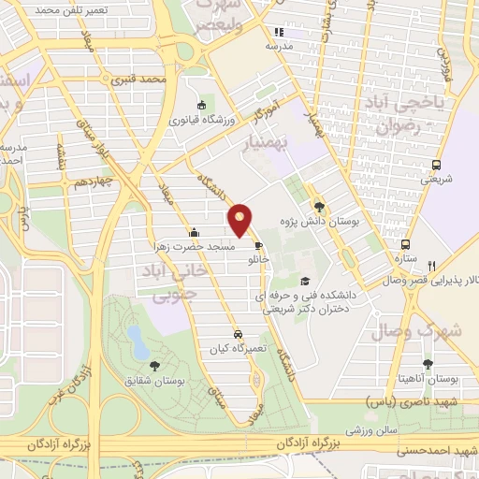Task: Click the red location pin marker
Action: pyautogui.click(x=241, y=220)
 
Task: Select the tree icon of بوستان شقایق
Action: pyautogui.click(x=154, y=366)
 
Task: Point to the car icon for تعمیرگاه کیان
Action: pyautogui.click(x=239, y=333)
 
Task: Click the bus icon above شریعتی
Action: pyautogui.click(x=436, y=165)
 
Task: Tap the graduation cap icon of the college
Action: pyautogui.click(x=304, y=280)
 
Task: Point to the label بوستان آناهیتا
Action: pyautogui.click(x=427, y=378)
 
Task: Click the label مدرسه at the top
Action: pyautogui.click(x=279, y=45)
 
